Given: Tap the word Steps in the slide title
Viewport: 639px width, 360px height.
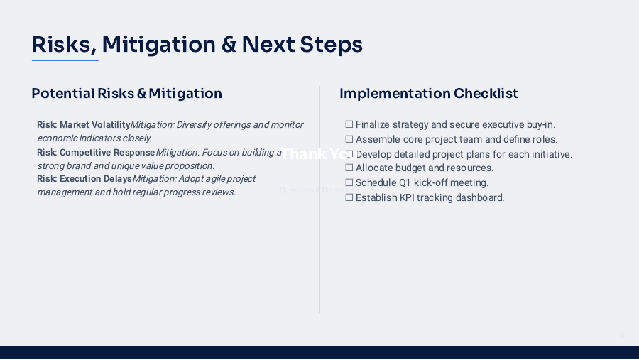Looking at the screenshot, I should tap(332, 45).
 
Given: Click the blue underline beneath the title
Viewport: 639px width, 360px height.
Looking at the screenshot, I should tap(65, 60).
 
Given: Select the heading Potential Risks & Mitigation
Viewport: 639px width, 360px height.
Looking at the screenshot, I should tap(126, 94).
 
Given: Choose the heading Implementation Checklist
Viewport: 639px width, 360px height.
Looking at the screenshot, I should tap(429, 94).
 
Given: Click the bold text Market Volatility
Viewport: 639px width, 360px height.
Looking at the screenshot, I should tap(95, 125).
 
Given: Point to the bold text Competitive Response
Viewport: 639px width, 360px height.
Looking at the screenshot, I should tap(107, 153).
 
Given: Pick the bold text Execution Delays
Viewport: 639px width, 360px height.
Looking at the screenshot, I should tap(96, 179).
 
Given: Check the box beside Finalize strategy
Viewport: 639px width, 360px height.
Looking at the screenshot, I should tap(349, 125).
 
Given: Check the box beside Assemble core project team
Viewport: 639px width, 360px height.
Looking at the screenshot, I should tap(349, 139).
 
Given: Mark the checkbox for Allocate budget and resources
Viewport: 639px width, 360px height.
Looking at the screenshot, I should tap(349, 168).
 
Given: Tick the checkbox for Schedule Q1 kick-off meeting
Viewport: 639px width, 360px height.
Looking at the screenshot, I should tap(349, 183).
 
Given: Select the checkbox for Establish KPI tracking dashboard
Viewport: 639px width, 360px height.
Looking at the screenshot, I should tap(349, 197).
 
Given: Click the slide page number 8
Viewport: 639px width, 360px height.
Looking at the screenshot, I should tap(622, 334).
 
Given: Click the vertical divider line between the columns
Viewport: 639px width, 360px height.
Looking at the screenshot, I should tap(319, 249).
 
